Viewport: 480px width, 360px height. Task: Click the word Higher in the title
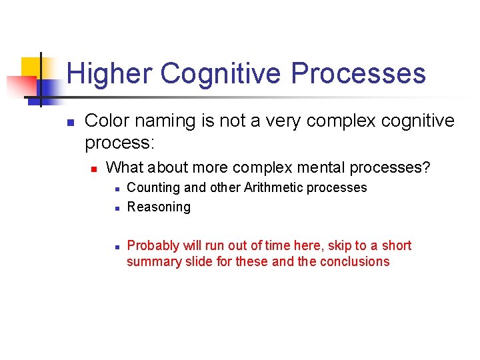pos(109,73)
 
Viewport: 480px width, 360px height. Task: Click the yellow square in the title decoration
pos(31,67)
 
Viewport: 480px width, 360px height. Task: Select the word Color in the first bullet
pos(107,121)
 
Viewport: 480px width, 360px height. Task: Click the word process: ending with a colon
pos(119,143)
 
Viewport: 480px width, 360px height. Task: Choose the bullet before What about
pos(94,168)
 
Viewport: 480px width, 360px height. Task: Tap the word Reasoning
pos(159,207)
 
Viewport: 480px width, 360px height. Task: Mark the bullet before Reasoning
pos(115,208)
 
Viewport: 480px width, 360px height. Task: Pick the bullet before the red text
pos(115,247)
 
